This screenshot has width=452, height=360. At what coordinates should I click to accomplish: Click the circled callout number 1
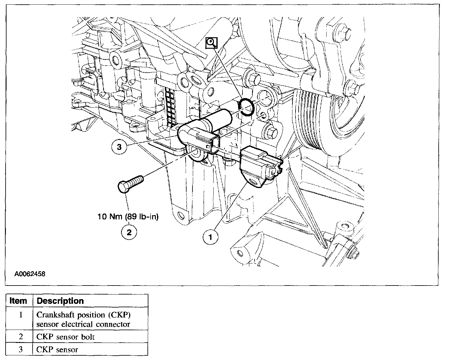pyautogui.click(x=210, y=237)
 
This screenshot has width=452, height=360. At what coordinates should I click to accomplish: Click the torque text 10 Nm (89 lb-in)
pyautogui.click(x=128, y=217)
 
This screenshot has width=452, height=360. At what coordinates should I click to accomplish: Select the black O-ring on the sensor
pyautogui.click(x=247, y=107)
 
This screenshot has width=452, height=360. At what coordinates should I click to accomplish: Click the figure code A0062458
pyautogui.click(x=30, y=274)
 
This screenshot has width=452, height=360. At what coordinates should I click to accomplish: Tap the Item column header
pyautogui.click(x=19, y=301)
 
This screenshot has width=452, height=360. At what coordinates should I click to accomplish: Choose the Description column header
pyautogui.click(x=60, y=301)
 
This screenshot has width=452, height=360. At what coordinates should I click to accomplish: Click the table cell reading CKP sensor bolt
pyautogui.click(x=66, y=337)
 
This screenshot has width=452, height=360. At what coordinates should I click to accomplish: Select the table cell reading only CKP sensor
pyautogui.click(x=57, y=349)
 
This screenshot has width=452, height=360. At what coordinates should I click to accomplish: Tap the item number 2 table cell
pyautogui.click(x=20, y=337)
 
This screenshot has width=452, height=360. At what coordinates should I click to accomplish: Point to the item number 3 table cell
pyautogui.click(x=20, y=349)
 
